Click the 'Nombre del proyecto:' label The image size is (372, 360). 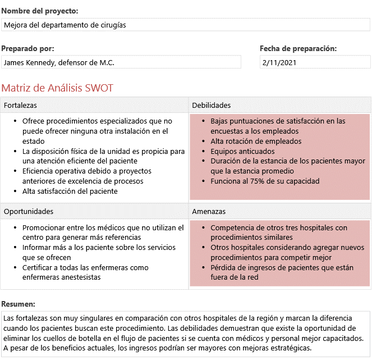point(40,11)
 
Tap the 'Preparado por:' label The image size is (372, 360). point(27,49)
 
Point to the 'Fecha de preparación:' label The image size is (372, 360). point(298,49)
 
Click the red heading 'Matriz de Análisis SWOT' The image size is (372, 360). point(57,88)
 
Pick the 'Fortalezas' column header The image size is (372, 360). point(20,106)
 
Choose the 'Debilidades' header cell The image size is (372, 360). point(211,106)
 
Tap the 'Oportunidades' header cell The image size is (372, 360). point(29,212)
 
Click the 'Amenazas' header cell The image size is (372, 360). point(209,212)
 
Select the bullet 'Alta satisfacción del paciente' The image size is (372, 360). point(70,192)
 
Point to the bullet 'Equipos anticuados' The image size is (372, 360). point(242,152)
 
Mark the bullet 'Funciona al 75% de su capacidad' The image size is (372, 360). point(265,181)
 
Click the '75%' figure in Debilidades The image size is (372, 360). point(258,181)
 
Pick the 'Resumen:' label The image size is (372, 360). point(19,303)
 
